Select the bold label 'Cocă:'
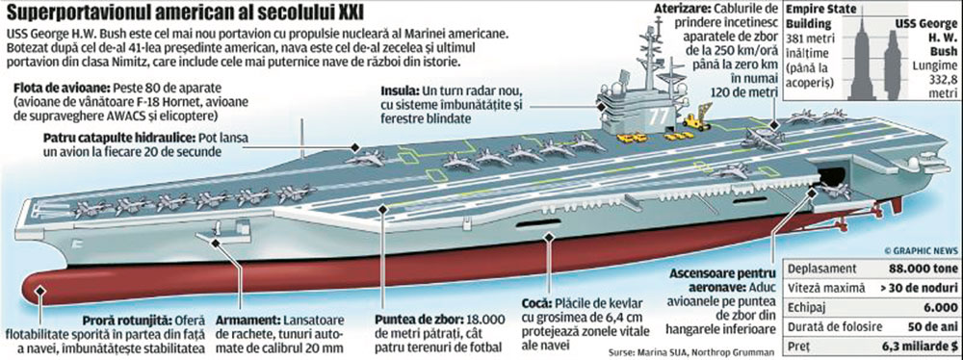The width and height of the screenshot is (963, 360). pyautogui.click(x=558, y=305)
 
